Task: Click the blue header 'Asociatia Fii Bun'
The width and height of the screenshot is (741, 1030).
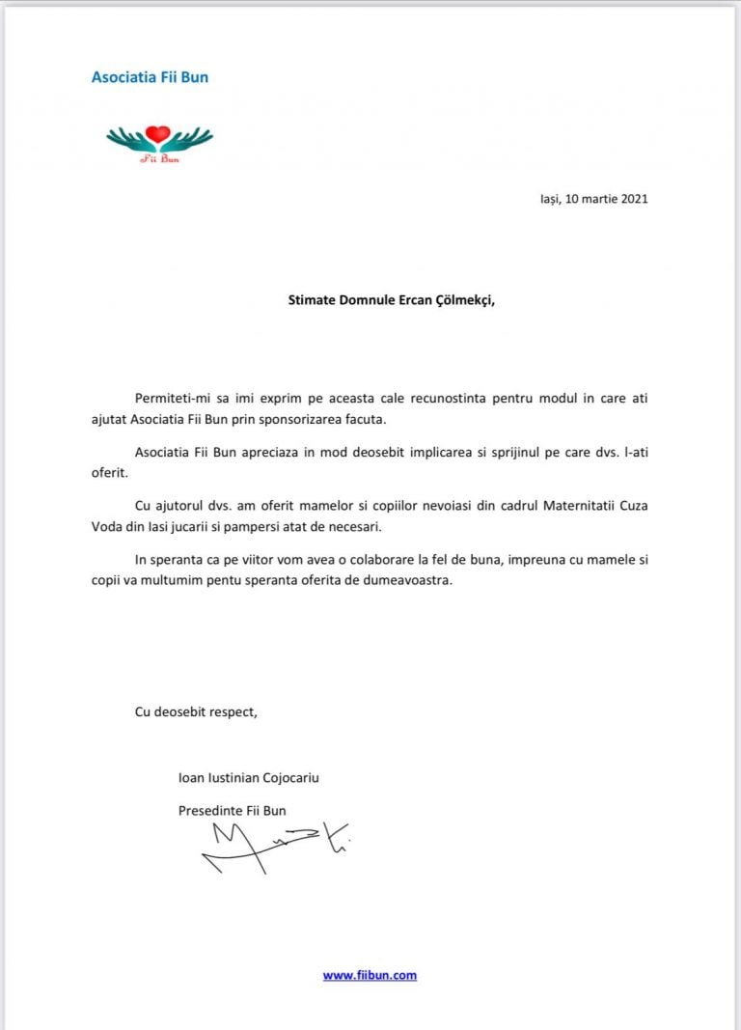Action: (x=150, y=77)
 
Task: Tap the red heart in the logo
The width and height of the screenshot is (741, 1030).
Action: (x=159, y=134)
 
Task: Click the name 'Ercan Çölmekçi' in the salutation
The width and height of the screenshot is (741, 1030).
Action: (x=445, y=299)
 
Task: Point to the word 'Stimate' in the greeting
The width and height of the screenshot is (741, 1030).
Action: (x=315, y=299)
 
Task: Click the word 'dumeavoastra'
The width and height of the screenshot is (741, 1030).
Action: (x=404, y=582)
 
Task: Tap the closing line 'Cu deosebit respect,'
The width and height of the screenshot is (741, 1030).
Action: (x=196, y=712)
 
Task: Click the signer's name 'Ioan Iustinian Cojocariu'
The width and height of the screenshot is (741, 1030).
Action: (x=248, y=777)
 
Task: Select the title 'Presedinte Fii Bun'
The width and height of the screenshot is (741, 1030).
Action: (x=232, y=811)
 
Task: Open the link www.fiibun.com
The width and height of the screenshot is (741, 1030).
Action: (x=370, y=975)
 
